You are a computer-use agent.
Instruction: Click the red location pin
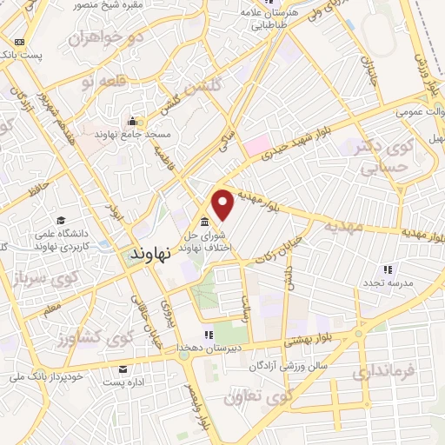(x=223, y=204)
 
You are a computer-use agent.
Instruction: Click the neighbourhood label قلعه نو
(x=97, y=82)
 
